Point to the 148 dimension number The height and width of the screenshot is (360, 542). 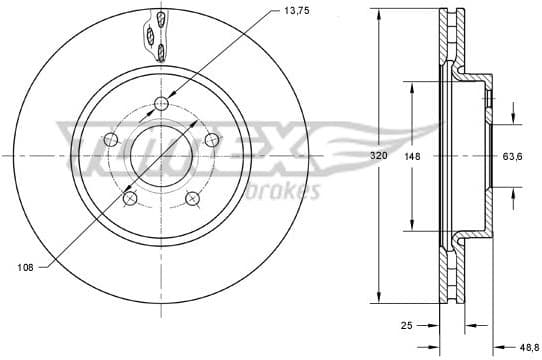[x=411, y=156]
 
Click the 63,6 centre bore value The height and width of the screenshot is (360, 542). [x=514, y=156]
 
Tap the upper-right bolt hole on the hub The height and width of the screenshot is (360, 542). [x=212, y=140]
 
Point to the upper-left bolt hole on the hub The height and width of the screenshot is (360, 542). [x=110, y=139]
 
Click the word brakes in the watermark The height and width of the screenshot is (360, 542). [x=289, y=190]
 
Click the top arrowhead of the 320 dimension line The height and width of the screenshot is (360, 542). [x=379, y=17]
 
